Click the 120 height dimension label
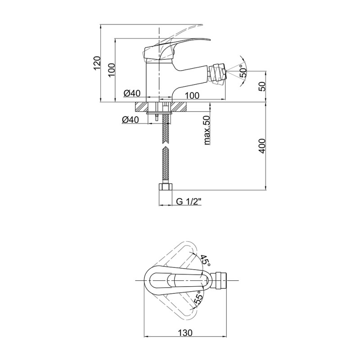(x=97, y=63)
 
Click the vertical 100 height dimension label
(x=111, y=70)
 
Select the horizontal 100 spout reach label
(x=192, y=95)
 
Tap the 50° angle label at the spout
(x=243, y=71)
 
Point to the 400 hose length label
(x=262, y=146)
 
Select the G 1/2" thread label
(x=189, y=201)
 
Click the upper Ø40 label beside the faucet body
(x=132, y=93)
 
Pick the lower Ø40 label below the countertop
(x=130, y=119)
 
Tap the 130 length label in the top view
(x=185, y=333)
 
